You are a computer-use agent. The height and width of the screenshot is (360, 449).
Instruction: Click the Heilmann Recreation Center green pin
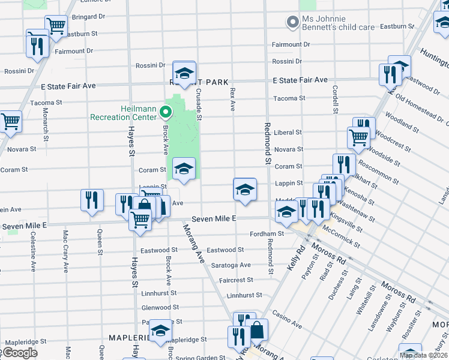point(167,111)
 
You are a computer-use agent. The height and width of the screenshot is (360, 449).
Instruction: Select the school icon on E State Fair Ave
point(184,73)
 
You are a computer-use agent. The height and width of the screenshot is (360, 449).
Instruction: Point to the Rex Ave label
point(232,100)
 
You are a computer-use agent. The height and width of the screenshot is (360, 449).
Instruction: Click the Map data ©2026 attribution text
point(423,355)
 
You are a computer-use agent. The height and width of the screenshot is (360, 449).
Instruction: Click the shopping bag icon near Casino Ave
point(256,330)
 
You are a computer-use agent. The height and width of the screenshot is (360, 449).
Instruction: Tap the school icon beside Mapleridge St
point(159,331)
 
